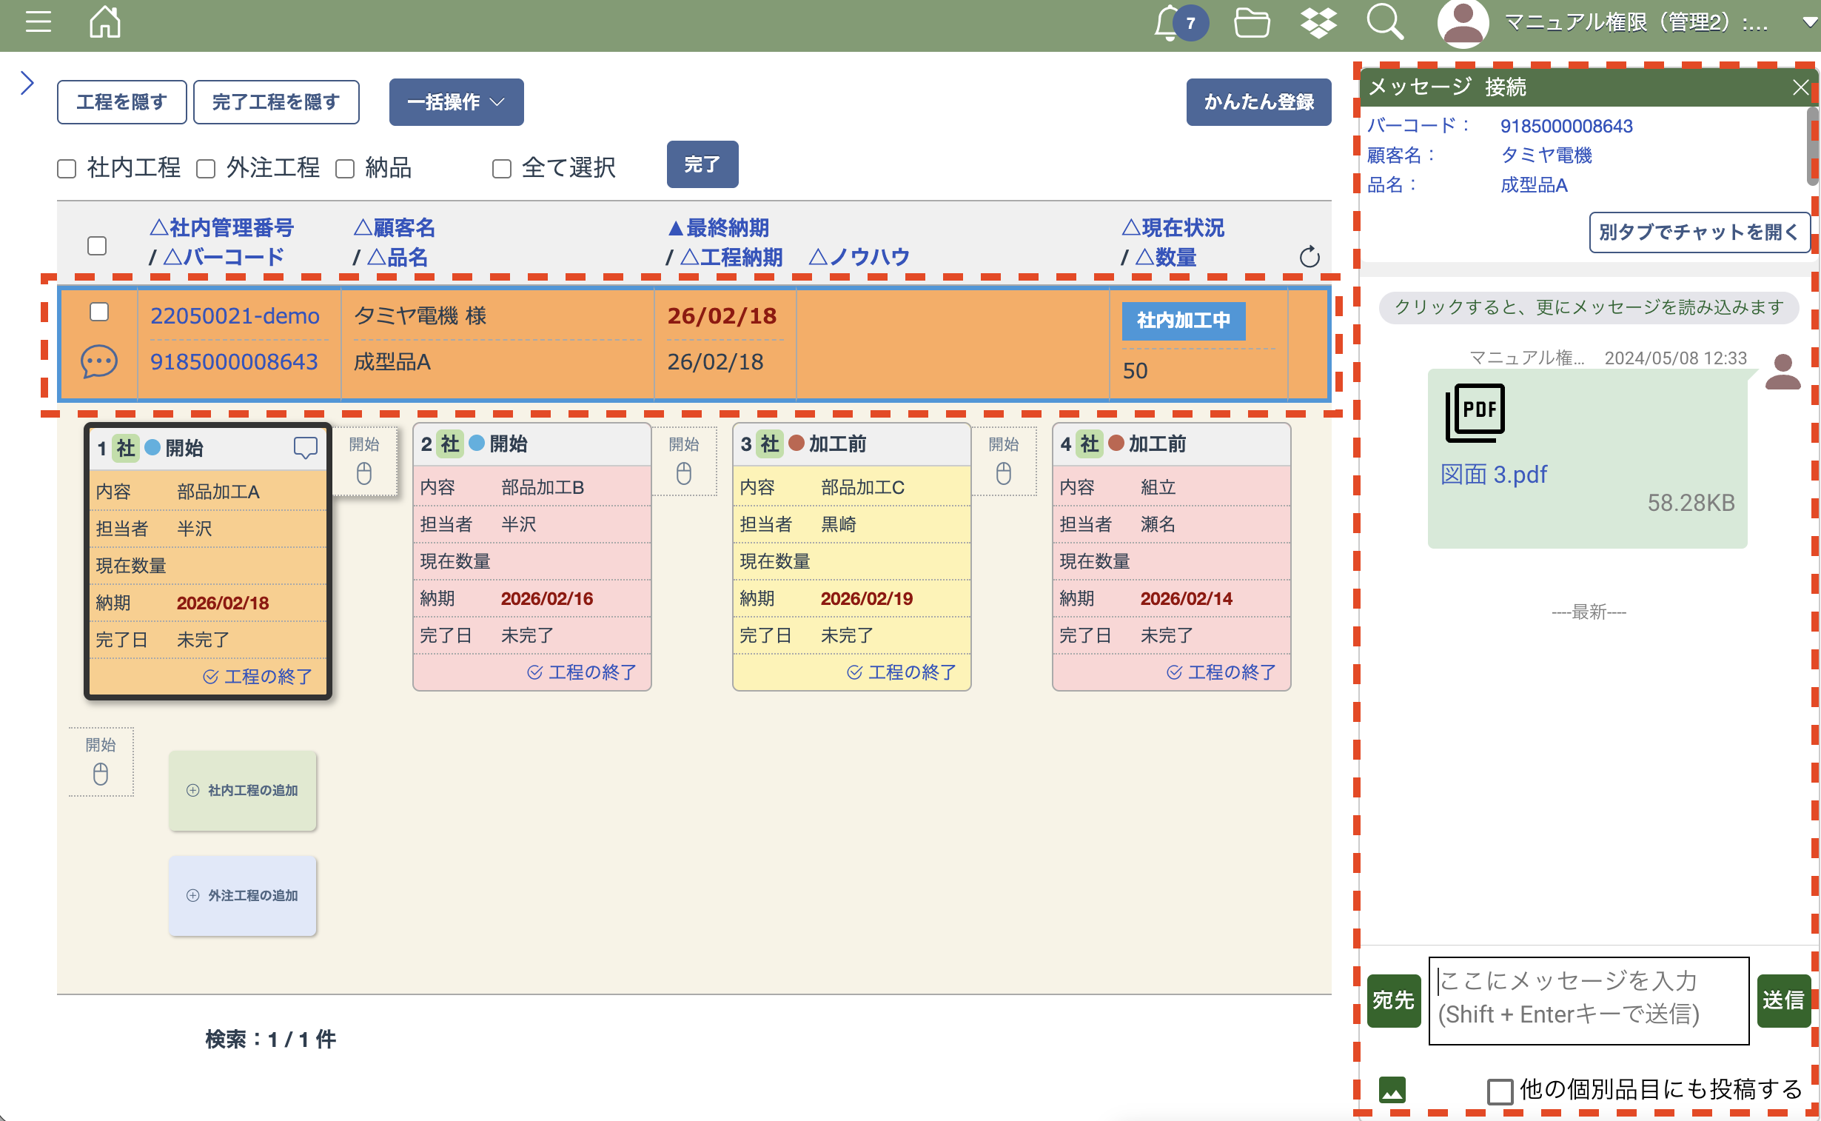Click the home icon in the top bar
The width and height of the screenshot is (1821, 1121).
click(104, 22)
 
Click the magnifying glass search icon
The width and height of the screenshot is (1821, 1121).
click(1384, 22)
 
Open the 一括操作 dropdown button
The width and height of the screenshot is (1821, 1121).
click(456, 102)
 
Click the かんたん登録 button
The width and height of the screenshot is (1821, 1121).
click(1258, 102)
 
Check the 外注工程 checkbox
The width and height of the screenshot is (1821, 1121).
click(206, 169)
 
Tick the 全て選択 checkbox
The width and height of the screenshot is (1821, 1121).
click(502, 169)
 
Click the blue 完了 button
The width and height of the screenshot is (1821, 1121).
click(701, 164)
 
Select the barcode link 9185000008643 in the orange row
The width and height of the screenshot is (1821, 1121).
click(234, 362)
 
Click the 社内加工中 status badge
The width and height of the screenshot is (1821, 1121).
click(1183, 321)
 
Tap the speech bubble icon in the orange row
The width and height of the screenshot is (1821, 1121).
click(98, 362)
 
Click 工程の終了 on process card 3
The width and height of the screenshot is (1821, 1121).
click(901, 672)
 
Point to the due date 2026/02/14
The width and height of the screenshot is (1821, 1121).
click(1186, 599)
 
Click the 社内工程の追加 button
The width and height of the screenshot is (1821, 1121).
click(242, 790)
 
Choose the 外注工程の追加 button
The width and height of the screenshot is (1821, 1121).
click(242, 896)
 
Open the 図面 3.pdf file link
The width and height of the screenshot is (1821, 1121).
click(1492, 475)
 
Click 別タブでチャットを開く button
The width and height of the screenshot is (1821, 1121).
click(1698, 232)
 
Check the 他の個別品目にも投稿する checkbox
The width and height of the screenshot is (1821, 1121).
click(1499, 1091)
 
